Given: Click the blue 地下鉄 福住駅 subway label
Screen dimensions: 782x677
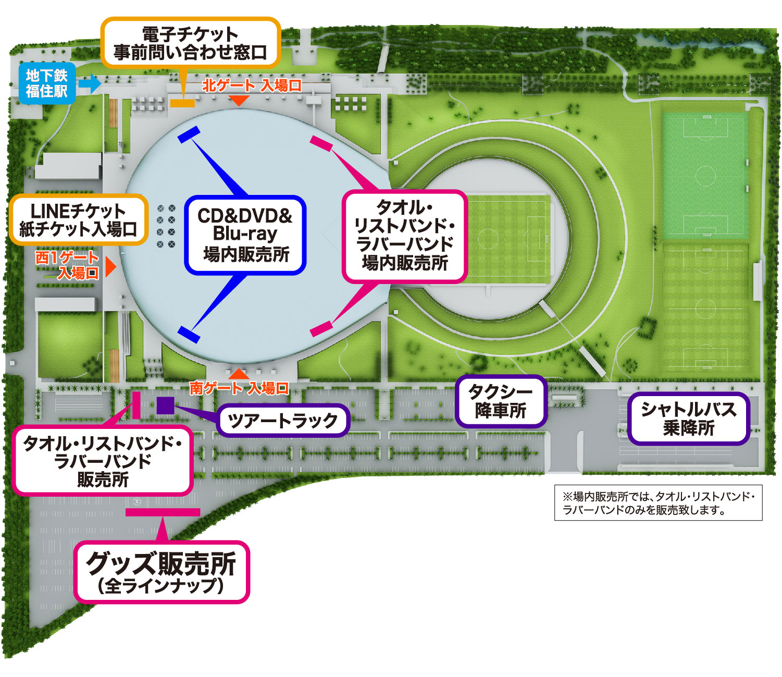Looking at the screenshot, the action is click(x=47, y=83).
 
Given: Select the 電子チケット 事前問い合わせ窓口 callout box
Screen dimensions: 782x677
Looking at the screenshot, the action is click(x=190, y=43).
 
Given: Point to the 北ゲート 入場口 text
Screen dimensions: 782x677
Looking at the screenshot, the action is click(x=252, y=85).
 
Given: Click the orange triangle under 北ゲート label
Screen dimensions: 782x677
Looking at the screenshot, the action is click(x=239, y=100).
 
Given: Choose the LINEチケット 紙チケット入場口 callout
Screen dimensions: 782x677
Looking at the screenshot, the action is click(x=78, y=220).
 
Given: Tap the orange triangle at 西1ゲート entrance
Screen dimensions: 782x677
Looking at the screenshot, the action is click(x=110, y=267).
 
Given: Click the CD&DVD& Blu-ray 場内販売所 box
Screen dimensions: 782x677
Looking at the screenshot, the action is click(x=245, y=235).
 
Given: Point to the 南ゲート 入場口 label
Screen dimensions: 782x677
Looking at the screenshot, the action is click(x=239, y=388).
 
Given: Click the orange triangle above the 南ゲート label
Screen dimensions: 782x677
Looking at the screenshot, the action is click(x=239, y=373).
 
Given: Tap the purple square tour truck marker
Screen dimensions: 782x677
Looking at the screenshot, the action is click(x=165, y=405).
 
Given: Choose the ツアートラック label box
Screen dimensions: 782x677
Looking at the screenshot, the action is click(x=283, y=420).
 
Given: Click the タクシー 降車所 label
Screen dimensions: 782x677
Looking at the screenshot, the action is click(x=501, y=401).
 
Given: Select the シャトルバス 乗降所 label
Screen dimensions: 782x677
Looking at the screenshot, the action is click(x=688, y=418).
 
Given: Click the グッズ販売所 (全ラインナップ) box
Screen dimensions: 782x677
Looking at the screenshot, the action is click(x=162, y=572).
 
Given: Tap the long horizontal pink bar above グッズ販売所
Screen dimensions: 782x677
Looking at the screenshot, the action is click(x=163, y=512).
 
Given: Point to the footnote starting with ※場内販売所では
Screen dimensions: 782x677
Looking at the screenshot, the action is click(x=658, y=503).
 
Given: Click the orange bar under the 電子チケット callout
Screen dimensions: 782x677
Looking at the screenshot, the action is click(x=182, y=103).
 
